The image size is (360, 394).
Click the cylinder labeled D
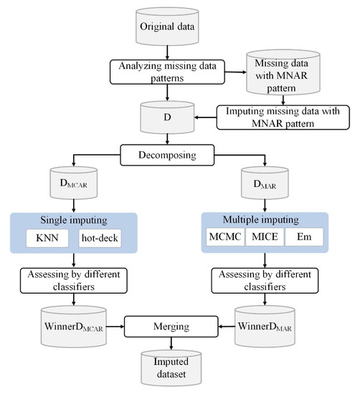[166, 115]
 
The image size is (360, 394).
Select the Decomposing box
[166, 153]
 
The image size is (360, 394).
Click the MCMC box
[222, 236]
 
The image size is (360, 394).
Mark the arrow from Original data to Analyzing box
[166, 50]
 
